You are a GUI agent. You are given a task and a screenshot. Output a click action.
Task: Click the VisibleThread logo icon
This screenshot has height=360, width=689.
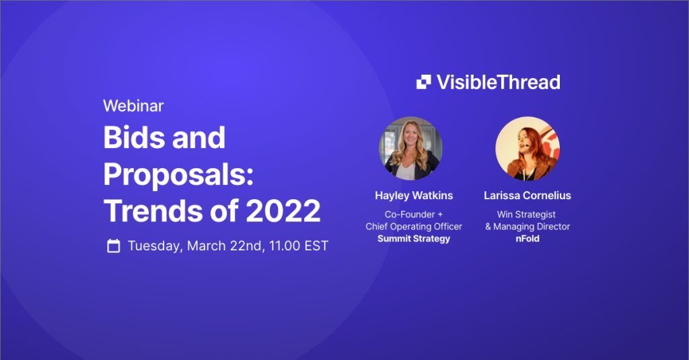click(424, 82)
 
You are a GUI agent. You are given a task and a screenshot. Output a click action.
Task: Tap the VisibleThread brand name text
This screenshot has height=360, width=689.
click(499, 82)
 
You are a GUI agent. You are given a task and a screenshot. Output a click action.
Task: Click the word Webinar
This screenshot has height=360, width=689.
click(133, 106)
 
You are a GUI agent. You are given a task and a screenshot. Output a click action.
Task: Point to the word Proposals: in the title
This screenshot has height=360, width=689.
click(179, 176)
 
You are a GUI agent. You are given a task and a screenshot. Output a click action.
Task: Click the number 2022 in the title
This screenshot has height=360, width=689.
click(283, 211)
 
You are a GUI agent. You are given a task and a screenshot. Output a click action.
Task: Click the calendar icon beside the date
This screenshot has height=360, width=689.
click(113, 246)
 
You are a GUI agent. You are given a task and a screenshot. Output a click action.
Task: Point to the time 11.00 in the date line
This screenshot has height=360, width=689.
click(285, 246)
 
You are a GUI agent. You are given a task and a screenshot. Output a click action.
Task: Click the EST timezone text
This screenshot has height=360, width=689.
click(316, 246)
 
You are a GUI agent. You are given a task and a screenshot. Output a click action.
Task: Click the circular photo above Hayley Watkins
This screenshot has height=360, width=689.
click(411, 149)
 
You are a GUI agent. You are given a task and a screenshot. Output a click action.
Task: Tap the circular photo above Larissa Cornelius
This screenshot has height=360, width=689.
click(528, 149)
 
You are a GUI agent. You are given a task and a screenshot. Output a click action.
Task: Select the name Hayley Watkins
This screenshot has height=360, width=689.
click(414, 196)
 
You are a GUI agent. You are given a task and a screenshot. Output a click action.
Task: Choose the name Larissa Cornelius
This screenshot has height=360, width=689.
click(528, 196)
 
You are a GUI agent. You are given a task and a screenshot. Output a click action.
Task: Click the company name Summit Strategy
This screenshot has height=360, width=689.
click(414, 239)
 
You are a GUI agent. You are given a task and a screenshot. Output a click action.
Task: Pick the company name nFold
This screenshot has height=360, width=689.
click(528, 239)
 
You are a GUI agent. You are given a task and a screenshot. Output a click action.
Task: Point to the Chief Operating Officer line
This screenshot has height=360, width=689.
click(414, 227)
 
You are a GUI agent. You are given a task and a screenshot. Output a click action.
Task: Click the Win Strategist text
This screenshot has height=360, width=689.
click(526, 215)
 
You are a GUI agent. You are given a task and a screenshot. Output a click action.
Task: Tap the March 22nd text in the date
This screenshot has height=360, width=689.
click(226, 246)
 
